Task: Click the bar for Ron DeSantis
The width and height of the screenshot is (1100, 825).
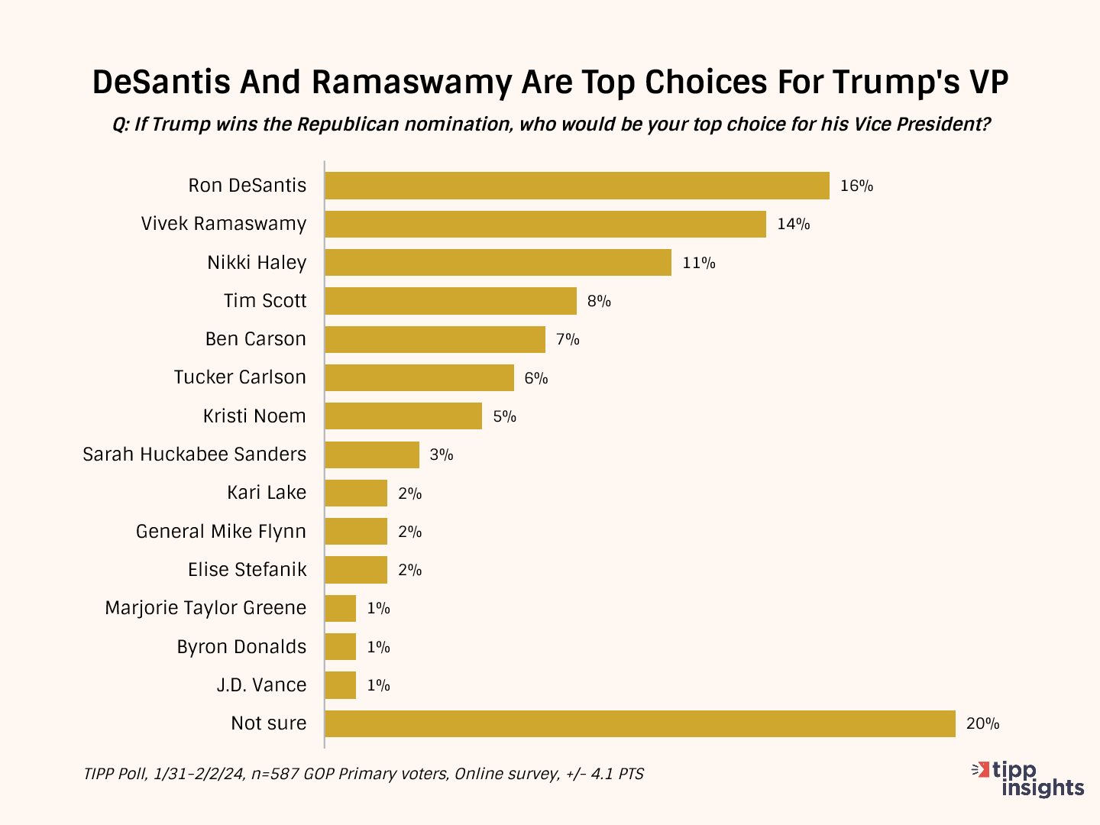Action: tap(577, 186)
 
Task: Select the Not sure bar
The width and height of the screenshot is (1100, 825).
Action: tap(640, 723)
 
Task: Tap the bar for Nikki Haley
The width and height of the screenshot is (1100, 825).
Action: tap(498, 263)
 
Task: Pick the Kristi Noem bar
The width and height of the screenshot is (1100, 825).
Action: tap(403, 416)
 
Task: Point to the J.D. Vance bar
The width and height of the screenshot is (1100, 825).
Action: tap(341, 685)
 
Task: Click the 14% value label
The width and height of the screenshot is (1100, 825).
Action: tap(794, 225)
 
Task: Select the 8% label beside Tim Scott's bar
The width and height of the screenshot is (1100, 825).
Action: tap(599, 301)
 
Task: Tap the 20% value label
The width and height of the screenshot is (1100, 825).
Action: tap(982, 723)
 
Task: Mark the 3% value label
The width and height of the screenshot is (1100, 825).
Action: tap(442, 455)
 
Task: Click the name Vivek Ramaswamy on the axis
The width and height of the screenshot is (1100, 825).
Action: tap(224, 224)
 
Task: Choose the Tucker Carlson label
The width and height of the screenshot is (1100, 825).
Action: tap(240, 377)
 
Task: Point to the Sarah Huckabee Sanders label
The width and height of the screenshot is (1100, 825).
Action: tap(195, 455)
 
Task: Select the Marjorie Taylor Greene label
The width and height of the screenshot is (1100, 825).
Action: tap(205, 608)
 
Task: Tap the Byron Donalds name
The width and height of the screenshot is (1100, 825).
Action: tap(241, 647)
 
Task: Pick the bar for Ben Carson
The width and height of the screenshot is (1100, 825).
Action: tap(435, 339)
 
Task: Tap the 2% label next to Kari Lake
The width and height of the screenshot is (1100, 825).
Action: tap(410, 493)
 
